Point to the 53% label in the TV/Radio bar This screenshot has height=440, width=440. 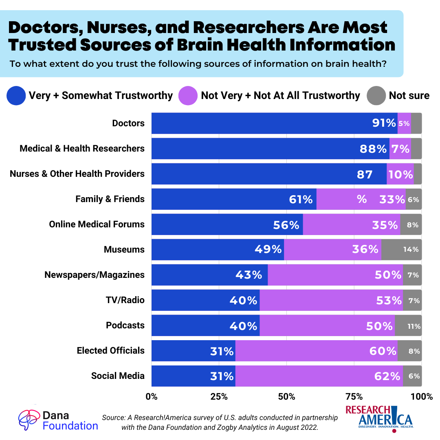[388, 301]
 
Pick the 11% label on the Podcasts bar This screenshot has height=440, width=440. [414, 326]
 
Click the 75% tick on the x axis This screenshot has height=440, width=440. [354, 396]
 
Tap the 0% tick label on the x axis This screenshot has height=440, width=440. [152, 396]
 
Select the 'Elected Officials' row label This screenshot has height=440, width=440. [110, 350]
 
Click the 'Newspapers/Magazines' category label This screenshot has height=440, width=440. [95, 275]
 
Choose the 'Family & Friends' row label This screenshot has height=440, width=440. [110, 199]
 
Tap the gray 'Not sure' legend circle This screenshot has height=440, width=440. [376, 95]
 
